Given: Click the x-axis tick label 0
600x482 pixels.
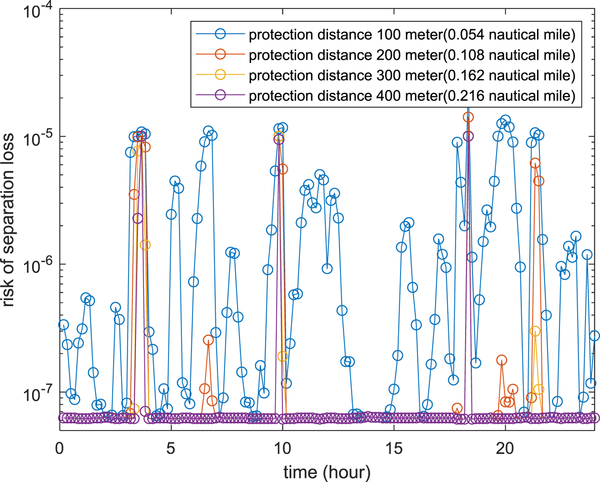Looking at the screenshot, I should tap(60, 449).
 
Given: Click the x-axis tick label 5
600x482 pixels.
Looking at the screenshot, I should tap(171, 449).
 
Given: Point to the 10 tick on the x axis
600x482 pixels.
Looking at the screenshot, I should tap(282, 449).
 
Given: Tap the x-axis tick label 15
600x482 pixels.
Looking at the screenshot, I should tap(394, 449).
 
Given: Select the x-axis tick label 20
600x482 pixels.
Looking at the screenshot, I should tap(505, 449).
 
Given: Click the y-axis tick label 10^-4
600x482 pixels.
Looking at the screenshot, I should tap(36, 11).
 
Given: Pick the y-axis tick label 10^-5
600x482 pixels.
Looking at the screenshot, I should tap(36, 138).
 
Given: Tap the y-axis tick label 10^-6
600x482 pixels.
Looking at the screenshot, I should tap(36, 266).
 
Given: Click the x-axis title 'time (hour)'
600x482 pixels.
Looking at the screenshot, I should tap(327, 472).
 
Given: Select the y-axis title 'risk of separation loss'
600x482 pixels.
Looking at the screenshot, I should tap(9, 220).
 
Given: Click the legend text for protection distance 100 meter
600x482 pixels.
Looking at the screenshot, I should tap(412, 34).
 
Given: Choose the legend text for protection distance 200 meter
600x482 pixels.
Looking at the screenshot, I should tap(412, 55).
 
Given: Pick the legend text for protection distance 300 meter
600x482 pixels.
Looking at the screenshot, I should tap(412, 75).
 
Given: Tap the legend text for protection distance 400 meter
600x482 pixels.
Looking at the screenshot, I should tap(412, 95).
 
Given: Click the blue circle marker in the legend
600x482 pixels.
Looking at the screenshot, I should tap(220, 33).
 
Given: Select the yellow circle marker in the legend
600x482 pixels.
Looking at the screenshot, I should tap(220, 74).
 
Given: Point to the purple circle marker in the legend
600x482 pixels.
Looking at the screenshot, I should tap(220, 95).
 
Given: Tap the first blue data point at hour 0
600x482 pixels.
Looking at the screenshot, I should tap(63, 325).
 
